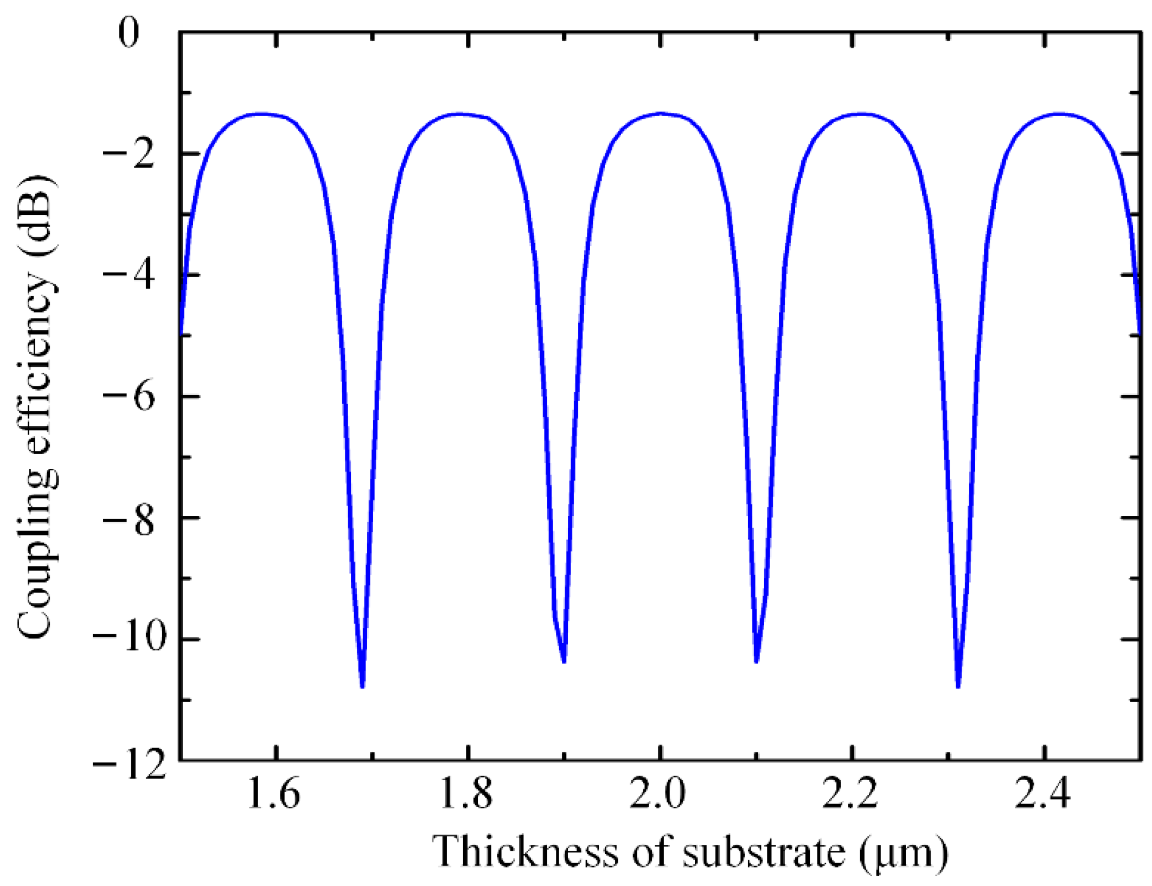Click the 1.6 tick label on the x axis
tap(274, 793)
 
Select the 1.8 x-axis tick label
tap(466, 793)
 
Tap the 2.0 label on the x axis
tap(658, 793)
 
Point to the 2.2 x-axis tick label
tap(850, 793)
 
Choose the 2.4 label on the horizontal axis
tap(1043, 793)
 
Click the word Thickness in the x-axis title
tap(525, 852)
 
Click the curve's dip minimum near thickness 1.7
tap(362, 687)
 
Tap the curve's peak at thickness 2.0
tap(660, 113)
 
